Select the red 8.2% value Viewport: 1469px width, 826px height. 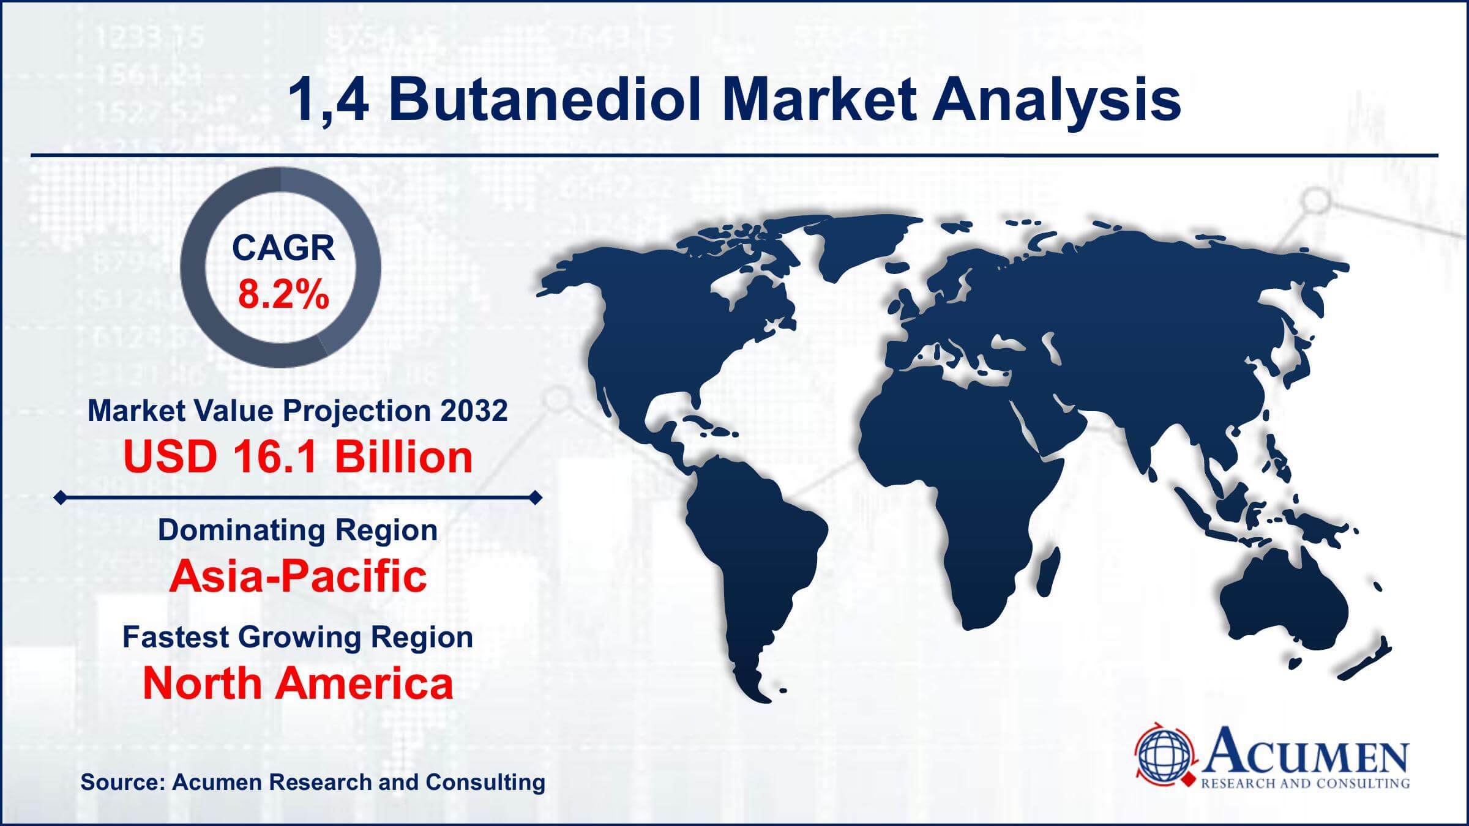pyautogui.click(x=283, y=294)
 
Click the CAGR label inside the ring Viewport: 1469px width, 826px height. pyautogui.click(x=283, y=248)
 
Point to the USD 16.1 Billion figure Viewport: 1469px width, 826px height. pyautogui.click(x=298, y=456)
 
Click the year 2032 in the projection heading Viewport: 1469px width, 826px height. pyautogui.click(x=474, y=411)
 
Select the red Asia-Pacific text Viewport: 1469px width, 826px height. pyautogui.click(x=298, y=576)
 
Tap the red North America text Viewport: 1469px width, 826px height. pyautogui.click(x=298, y=683)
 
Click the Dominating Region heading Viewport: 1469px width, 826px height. pyautogui.click(x=298, y=530)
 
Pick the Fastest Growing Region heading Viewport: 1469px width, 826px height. pyautogui.click(x=298, y=637)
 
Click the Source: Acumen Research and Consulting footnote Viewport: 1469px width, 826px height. pyautogui.click(x=313, y=782)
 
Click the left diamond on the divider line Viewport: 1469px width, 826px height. pyautogui.click(x=60, y=497)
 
